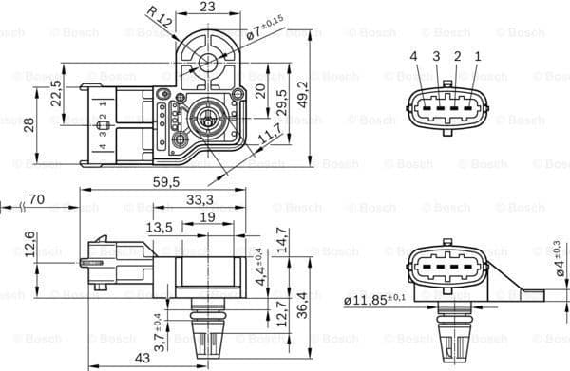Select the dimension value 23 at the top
(207, 8)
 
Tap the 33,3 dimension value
(199, 200)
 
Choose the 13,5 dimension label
(159, 227)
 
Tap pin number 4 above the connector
(414, 58)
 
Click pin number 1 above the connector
(477, 58)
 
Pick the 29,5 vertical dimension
(282, 99)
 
